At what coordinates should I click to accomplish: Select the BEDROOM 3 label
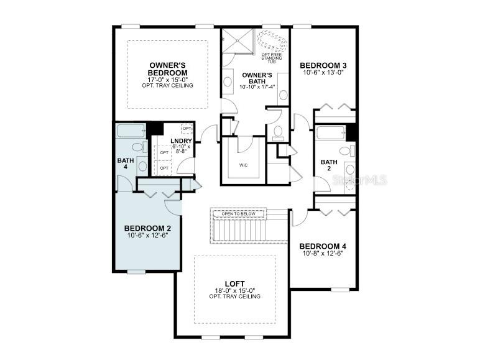tap(323, 65)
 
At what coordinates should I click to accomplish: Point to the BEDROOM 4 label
tap(323, 246)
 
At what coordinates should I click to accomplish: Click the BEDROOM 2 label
tap(147, 228)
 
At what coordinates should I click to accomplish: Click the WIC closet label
tap(243, 165)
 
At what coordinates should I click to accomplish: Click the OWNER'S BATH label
tap(257, 79)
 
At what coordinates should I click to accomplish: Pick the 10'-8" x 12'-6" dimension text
tap(323, 253)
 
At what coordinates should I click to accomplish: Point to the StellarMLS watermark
tap(359, 180)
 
